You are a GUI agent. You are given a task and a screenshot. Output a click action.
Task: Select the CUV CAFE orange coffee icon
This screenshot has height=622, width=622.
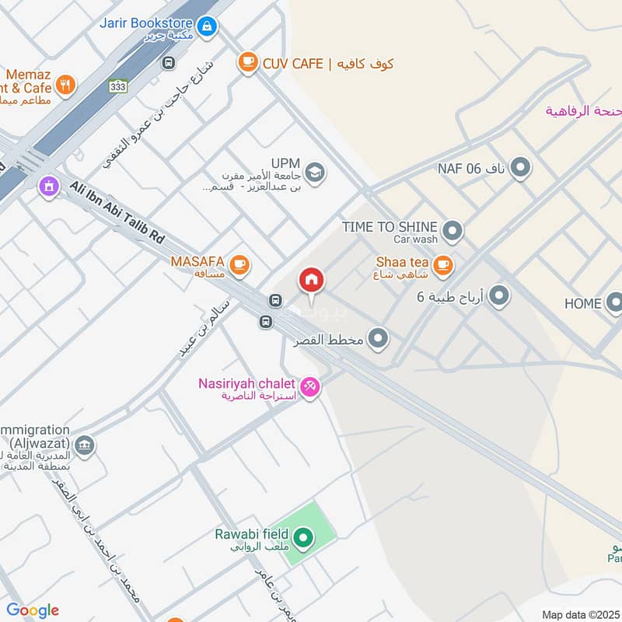pos(247,63)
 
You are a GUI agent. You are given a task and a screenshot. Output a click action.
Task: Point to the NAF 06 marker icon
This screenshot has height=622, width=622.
pos(520,167)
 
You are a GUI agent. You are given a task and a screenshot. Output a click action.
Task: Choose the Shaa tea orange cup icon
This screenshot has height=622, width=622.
pos(442,266)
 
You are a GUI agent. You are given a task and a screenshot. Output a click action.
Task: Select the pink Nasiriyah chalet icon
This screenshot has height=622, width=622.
pos(309,386)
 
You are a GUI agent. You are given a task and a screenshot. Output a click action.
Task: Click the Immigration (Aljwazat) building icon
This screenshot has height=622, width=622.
pos(85,446)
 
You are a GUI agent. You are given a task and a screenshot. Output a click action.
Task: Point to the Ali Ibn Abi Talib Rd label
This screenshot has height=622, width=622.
pos(117,212)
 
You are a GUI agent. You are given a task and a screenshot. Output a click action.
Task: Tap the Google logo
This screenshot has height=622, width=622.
pos(32,610)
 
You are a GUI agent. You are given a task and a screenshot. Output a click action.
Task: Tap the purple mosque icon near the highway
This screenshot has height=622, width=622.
pos(49,187)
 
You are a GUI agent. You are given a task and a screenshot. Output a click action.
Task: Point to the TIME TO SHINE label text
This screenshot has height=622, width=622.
pos(390,226)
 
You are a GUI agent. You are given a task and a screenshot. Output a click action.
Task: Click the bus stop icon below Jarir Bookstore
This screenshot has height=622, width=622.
pos(169,62)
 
